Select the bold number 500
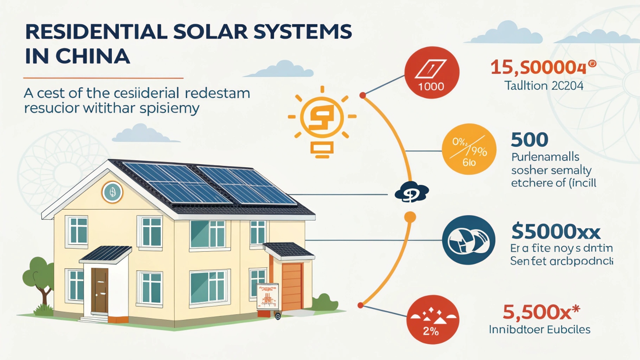click(530, 140)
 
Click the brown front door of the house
click(99, 290)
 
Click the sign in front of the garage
click(268, 295)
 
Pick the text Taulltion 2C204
click(544, 85)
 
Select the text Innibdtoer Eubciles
click(539, 329)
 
